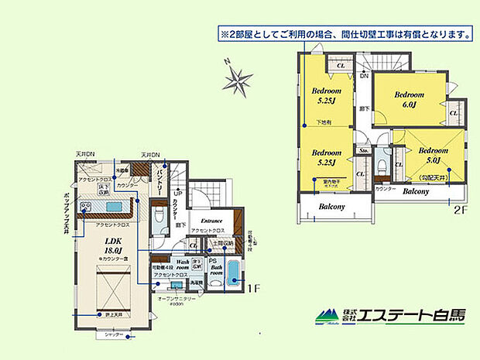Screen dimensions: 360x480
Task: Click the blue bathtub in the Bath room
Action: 233,271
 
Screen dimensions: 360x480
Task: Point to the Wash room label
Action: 183,265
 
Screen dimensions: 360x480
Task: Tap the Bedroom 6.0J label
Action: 410,99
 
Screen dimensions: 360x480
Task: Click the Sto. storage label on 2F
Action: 363,152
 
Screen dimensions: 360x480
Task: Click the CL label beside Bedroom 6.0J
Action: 453,113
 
